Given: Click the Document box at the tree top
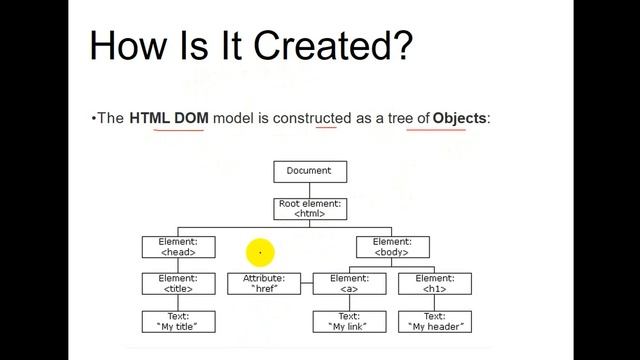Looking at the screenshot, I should coord(309,171).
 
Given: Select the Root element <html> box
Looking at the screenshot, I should coord(309,208).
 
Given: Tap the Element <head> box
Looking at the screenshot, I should coord(179,246).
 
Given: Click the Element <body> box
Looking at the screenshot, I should coord(392,246).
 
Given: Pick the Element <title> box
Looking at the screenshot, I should coord(179,283).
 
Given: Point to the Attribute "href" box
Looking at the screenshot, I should coord(264,283).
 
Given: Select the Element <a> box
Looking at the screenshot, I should coord(349,283).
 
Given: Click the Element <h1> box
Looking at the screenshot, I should coord(434,283).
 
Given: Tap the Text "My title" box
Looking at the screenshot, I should coord(179,321).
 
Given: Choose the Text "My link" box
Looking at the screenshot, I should coord(349,321).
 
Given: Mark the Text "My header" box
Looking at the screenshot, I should coord(434,321).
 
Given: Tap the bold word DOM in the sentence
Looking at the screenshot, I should coord(191,118).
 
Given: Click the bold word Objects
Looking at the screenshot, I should coord(459,118).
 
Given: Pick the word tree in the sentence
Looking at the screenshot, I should coord(395,118).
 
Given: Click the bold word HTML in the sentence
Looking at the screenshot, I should coord(150,118).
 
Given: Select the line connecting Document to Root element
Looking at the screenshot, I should coord(309,190).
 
